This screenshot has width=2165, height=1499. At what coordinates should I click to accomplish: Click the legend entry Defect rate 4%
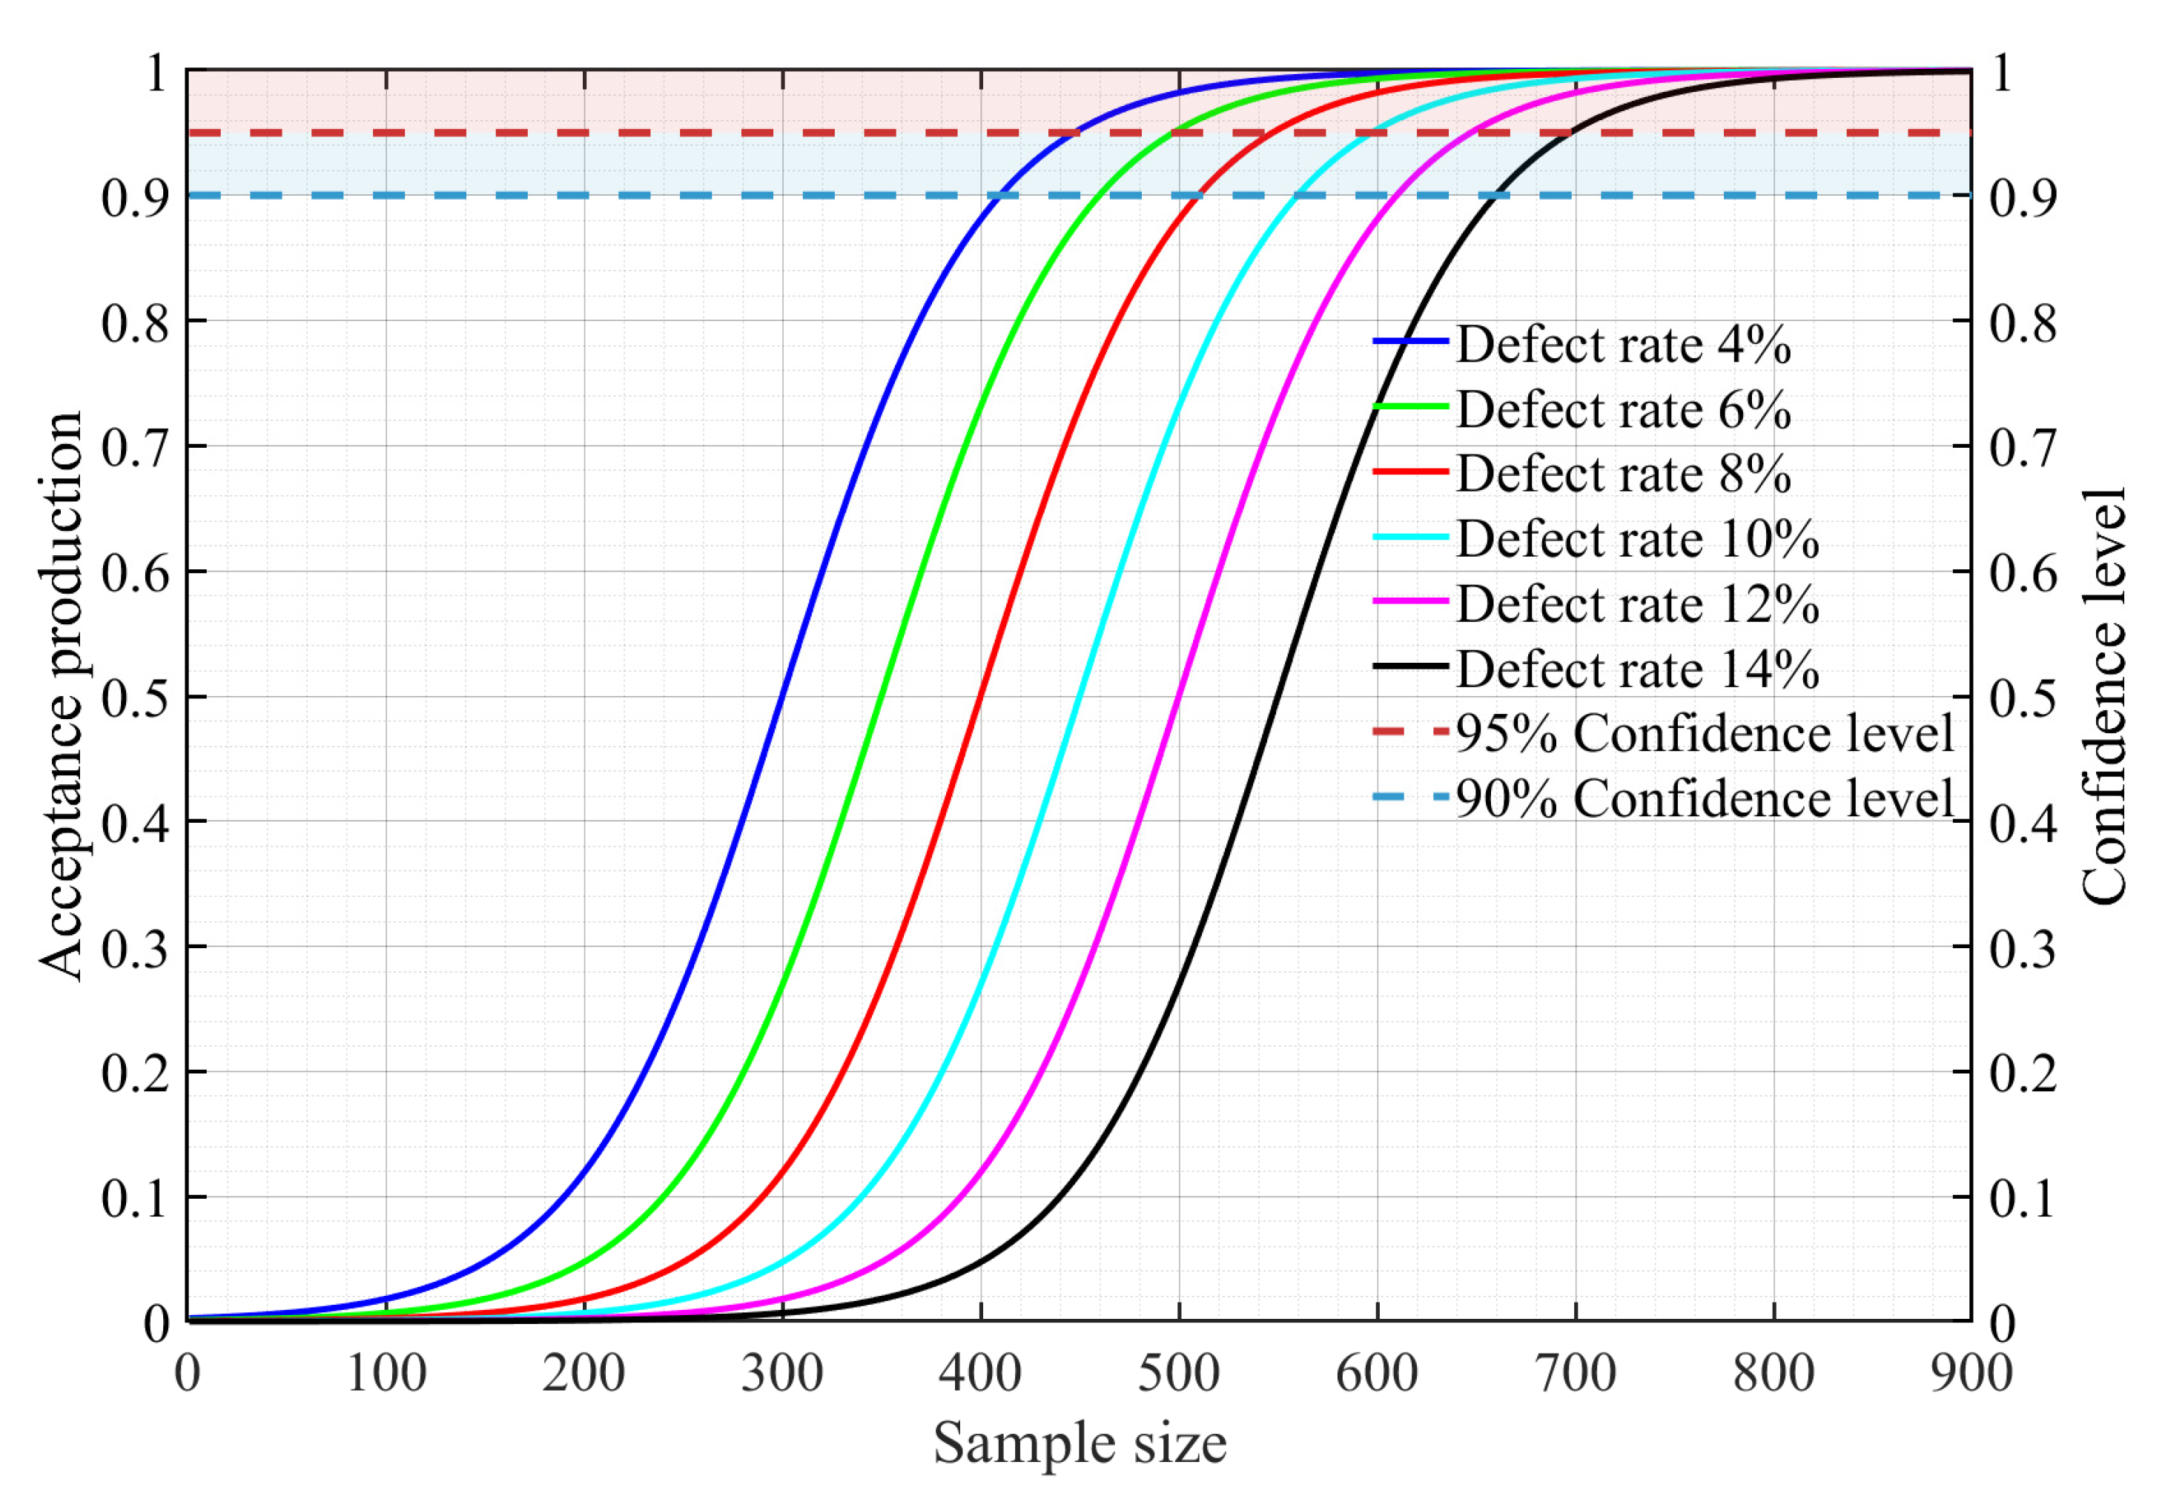click(x=1622, y=345)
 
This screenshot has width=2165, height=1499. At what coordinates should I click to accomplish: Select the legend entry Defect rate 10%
click(x=1636, y=539)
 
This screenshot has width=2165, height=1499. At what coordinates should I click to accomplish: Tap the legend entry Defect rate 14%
click(x=1636, y=669)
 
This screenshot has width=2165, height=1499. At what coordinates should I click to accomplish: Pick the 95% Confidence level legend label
click(x=1704, y=733)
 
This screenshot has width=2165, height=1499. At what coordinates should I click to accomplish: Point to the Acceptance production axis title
click(x=61, y=696)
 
